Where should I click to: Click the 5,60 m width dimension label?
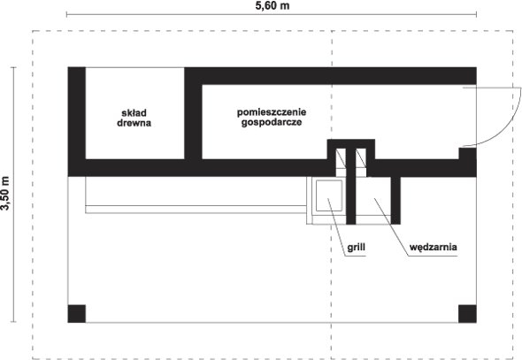pyautogui.click(x=272, y=5)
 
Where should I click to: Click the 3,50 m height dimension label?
pyautogui.click(x=5, y=194)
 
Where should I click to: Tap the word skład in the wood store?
pyautogui.click(x=134, y=113)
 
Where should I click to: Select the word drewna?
pyautogui.click(x=134, y=123)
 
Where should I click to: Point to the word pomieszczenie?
pyautogui.click(x=272, y=112)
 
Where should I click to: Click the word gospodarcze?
pyautogui.click(x=272, y=122)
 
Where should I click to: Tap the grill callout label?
pyautogui.click(x=356, y=247)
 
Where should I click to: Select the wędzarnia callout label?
pyautogui.click(x=434, y=247)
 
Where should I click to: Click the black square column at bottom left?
pyautogui.click(x=77, y=314)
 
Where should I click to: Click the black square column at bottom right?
pyautogui.click(x=467, y=314)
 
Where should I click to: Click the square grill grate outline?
pyautogui.click(x=329, y=195)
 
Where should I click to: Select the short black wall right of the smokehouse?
pyautogui.click(x=395, y=200)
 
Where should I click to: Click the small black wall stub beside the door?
pyautogui.click(x=467, y=154)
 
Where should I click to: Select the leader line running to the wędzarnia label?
pyautogui.click(x=391, y=227)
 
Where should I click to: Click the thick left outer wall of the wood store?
pyautogui.click(x=77, y=122)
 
